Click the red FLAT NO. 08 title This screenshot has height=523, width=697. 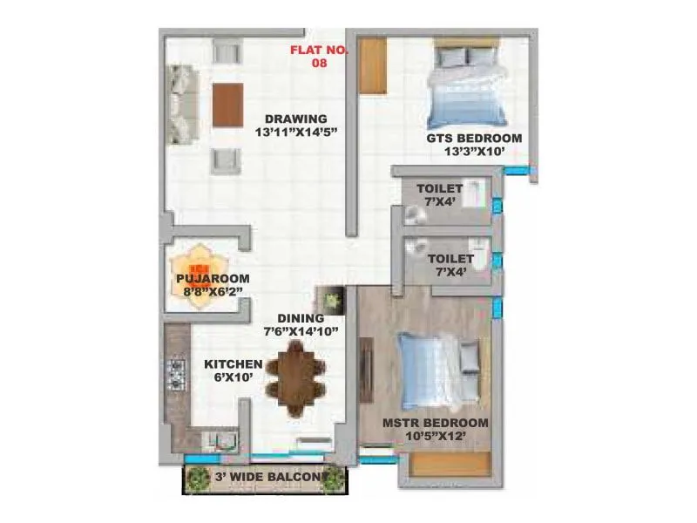(x=319, y=56)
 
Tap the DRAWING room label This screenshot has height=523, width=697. (x=296, y=119)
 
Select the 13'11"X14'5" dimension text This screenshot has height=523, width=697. (x=296, y=133)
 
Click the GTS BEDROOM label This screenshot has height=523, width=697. (x=474, y=138)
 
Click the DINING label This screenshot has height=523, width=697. (x=301, y=318)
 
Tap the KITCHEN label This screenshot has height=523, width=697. (x=233, y=363)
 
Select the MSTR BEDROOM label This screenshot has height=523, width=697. (x=436, y=423)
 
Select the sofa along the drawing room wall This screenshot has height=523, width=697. (x=183, y=104)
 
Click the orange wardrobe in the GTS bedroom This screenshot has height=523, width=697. (x=372, y=64)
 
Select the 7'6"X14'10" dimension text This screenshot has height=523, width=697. (x=301, y=331)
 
